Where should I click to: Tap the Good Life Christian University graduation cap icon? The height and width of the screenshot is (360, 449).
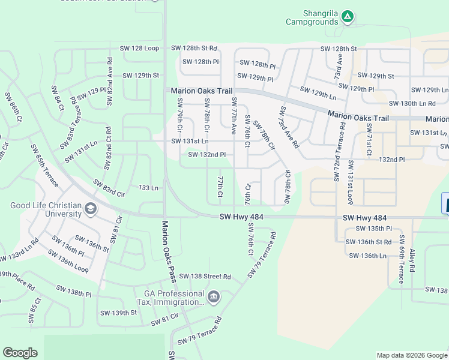pyautogui.click(x=91, y=209)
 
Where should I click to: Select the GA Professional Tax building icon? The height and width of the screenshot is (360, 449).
pyautogui.click(x=214, y=297)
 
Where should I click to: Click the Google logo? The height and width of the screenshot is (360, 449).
pyautogui.click(x=20, y=353)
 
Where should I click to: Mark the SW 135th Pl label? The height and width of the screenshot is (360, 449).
pyautogui.click(x=373, y=229)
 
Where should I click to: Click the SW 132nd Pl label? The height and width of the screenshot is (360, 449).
pyautogui.click(x=206, y=155)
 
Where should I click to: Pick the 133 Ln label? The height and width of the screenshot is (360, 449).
pyautogui.click(x=148, y=188)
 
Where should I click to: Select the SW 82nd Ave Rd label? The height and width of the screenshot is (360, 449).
pyautogui.click(x=110, y=82)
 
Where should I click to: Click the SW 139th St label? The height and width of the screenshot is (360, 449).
pyautogui.click(x=119, y=313)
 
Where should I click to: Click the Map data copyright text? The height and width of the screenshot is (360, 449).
pyautogui.click(x=411, y=355)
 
